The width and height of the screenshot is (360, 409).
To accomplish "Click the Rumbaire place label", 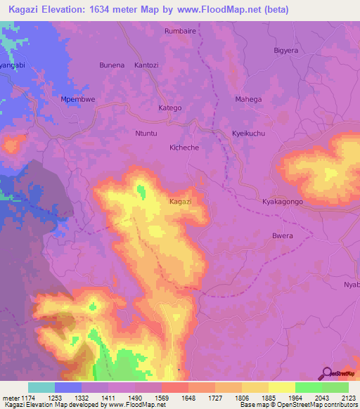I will (x=180, y=32).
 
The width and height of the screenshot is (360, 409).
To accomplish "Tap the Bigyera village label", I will (x=287, y=51).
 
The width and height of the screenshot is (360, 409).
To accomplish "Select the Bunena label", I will (x=112, y=65).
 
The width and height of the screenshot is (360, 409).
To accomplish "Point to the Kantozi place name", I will (x=147, y=65).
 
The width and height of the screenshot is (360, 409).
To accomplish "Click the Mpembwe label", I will (x=78, y=99).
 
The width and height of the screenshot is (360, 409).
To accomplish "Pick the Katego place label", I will (x=170, y=108).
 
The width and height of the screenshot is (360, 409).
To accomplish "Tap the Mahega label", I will (x=248, y=99).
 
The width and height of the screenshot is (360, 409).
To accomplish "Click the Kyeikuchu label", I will (x=248, y=133).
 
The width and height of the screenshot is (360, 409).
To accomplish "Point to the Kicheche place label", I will (x=185, y=148).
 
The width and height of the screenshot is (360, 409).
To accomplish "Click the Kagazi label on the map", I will (x=181, y=202).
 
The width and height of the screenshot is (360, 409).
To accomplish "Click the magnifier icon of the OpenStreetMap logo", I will (x=326, y=372).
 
